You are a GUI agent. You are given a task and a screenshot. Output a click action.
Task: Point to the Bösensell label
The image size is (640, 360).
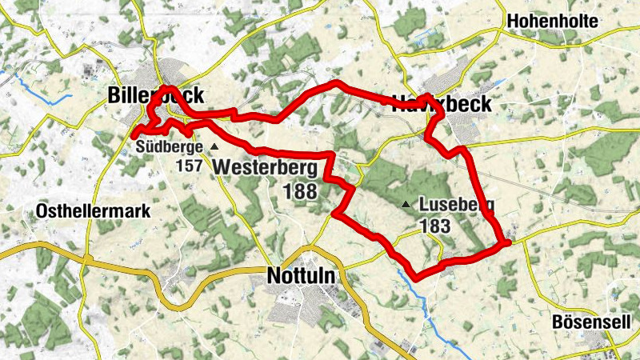591,322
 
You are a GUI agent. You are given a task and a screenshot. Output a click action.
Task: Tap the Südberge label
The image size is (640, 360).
169,146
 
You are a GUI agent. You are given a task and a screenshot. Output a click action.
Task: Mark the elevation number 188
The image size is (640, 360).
300,191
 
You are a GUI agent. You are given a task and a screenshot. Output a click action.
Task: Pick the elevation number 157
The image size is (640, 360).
190,166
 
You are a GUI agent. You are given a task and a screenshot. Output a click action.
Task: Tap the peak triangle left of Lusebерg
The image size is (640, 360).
406,205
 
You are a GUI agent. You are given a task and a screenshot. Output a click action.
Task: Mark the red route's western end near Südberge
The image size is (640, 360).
134,134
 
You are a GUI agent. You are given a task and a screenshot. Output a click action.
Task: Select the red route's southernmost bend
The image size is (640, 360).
417,278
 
